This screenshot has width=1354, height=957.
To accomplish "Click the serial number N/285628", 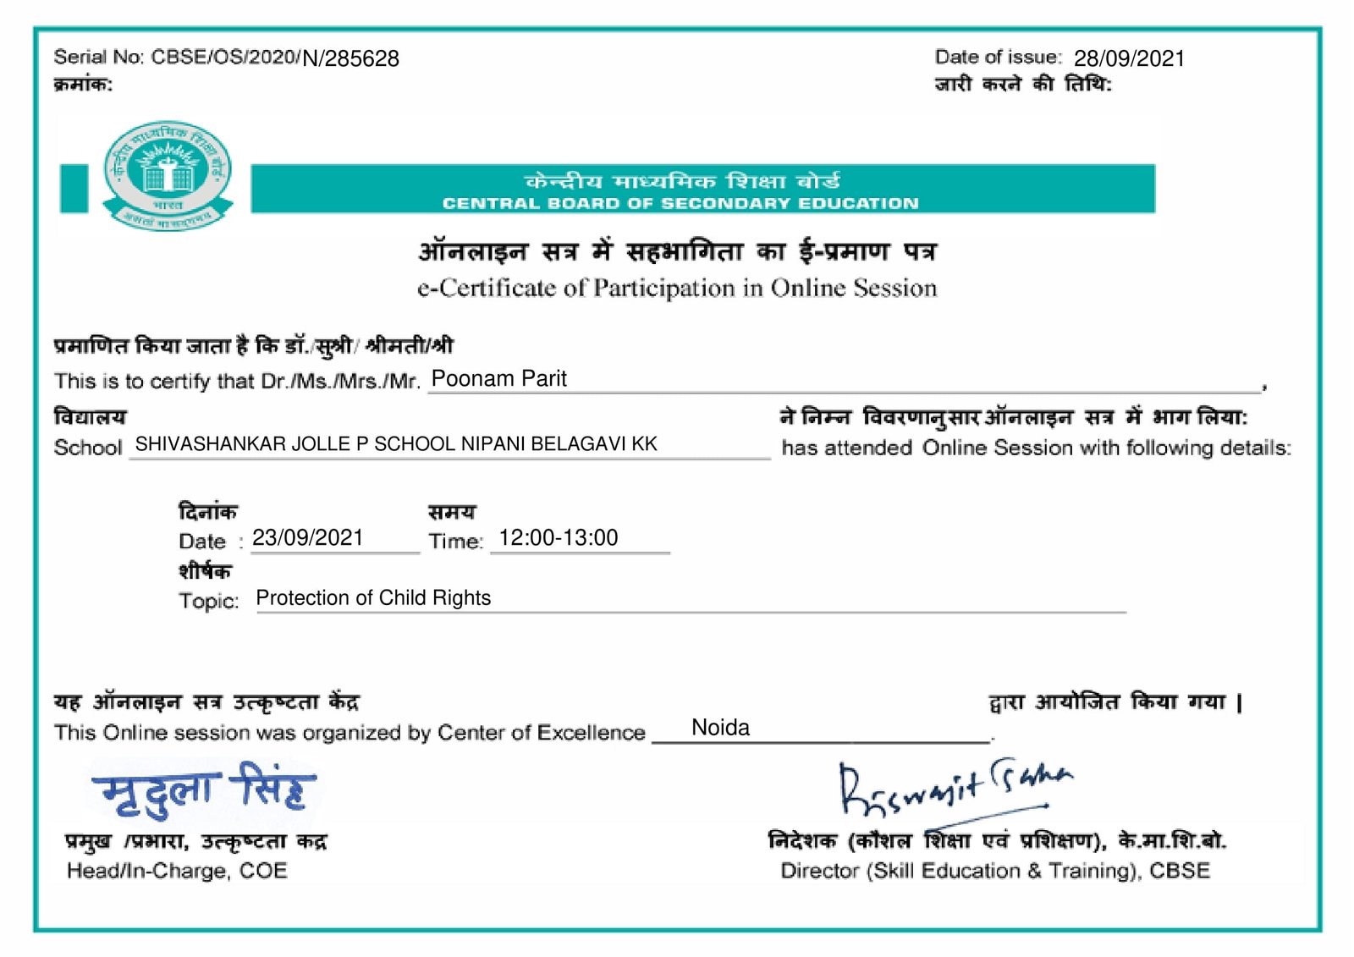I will coord(350,58).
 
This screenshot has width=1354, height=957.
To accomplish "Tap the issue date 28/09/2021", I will coord(1129,58).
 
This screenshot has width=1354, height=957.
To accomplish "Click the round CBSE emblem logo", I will coord(168,174).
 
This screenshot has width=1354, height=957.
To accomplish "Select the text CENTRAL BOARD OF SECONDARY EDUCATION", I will coord(680,203).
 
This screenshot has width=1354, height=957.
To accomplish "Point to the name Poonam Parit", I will coord(498,378).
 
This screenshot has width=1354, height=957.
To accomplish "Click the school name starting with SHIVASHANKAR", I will coord(396,444).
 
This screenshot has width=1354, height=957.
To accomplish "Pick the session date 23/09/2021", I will coord(307,538).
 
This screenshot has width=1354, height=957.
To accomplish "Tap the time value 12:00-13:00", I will coord(559,538).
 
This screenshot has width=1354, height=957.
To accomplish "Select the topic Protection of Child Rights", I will coord(373,598).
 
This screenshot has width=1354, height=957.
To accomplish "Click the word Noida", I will coord(720,728).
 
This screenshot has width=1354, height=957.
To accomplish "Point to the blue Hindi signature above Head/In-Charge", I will coord(204,791).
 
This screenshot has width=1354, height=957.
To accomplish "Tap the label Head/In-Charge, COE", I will coord(177,871).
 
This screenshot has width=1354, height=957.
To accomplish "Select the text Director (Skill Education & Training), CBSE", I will coord(995,871).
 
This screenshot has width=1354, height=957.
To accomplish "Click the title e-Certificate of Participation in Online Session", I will coord(677,289).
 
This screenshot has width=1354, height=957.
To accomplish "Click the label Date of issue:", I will coord(998,58).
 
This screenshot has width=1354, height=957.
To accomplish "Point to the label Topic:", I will coord(208,601).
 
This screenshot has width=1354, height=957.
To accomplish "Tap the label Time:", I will coord(455,542).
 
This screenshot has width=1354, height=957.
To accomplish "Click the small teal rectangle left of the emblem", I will coord(74,188).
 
